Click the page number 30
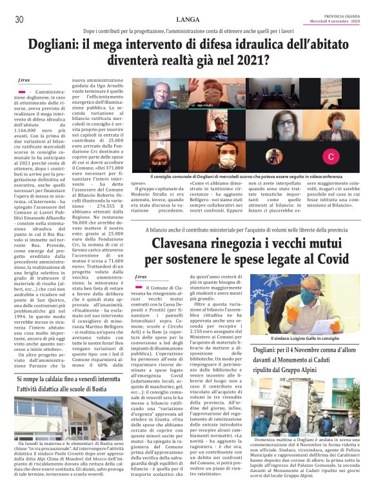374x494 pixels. coord(19,19)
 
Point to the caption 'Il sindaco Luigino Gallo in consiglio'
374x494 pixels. coord(304,338)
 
